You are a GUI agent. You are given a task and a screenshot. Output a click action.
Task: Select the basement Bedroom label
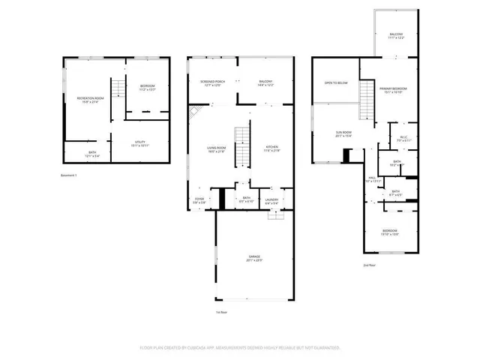147,87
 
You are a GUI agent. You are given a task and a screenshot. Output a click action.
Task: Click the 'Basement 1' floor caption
69,175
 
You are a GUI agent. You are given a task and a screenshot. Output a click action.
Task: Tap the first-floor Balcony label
265,82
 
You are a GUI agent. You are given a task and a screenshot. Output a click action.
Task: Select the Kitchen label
271,148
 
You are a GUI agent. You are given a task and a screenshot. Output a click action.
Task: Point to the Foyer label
199,199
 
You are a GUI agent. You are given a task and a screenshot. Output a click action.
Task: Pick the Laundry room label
271,200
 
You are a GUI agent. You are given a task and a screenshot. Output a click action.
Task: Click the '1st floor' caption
221,313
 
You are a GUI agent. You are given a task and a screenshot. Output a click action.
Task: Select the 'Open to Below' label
336,82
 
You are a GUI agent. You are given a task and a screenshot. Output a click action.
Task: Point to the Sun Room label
343,134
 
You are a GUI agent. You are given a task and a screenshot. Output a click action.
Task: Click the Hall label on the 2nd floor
372,179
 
